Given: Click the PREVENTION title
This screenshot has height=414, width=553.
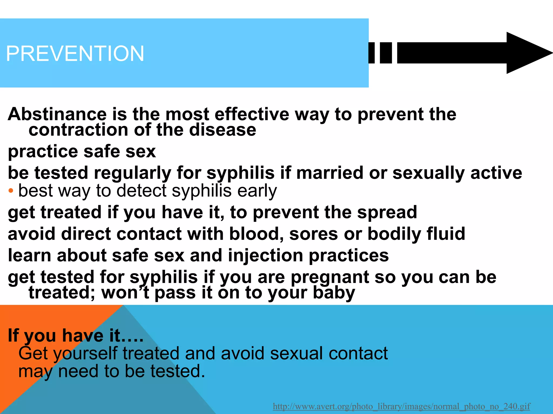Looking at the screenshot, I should pos(75,53).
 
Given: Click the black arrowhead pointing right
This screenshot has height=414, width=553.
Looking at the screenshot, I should pos(527,53).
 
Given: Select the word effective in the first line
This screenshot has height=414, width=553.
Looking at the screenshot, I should pos(252,114).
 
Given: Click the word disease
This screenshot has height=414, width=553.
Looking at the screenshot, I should pos(222,130).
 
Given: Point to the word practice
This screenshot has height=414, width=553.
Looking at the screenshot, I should pos(43,151).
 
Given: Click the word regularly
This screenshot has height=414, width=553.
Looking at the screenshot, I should pos(132,173).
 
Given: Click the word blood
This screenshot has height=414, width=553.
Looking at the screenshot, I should pos(256,234).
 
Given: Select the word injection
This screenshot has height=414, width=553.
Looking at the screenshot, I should pos(265,255).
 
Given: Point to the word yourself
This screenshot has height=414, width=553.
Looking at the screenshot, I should pos(85,354).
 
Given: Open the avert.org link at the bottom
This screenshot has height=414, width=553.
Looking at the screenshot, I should pos(402,406).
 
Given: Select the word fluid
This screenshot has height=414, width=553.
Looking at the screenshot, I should pos(446,234).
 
